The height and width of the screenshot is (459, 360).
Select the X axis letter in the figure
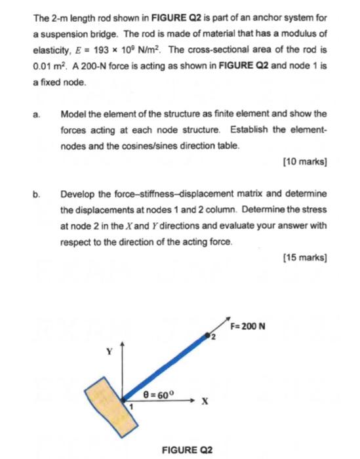205,401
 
